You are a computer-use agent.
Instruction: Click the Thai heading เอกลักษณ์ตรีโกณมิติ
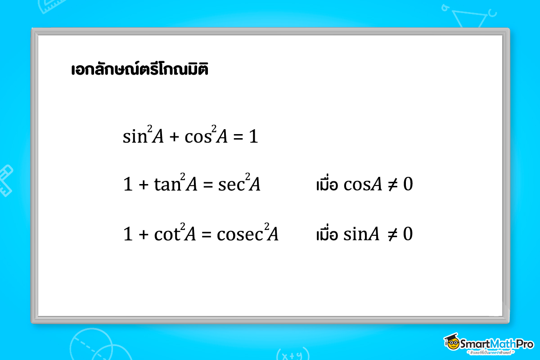pos(139,70)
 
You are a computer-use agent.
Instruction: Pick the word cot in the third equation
pos(167,234)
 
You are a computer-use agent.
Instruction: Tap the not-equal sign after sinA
pos(392,234)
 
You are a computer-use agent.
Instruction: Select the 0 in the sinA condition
pos(408,234)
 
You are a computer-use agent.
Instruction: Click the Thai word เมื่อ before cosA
pos(327,184)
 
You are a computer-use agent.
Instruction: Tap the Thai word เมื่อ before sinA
pos(327,234)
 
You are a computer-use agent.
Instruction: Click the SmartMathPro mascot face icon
pos(451,343)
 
